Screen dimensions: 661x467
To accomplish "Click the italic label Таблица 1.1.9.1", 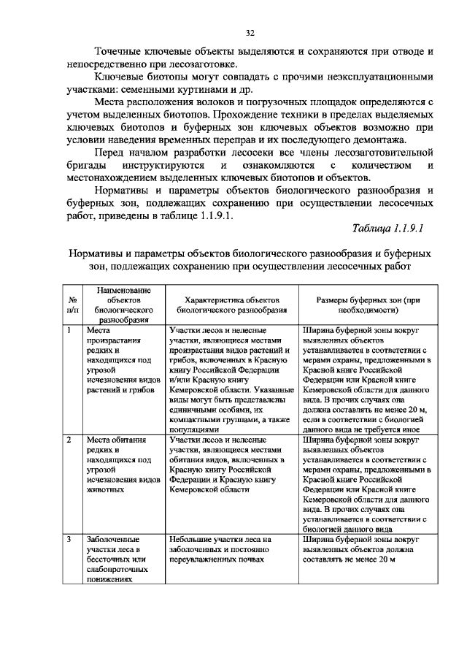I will [x=387, y=229].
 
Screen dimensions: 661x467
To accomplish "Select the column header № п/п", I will [x=73, y=305].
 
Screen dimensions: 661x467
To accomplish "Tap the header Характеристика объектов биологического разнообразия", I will [x=232, y=305].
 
